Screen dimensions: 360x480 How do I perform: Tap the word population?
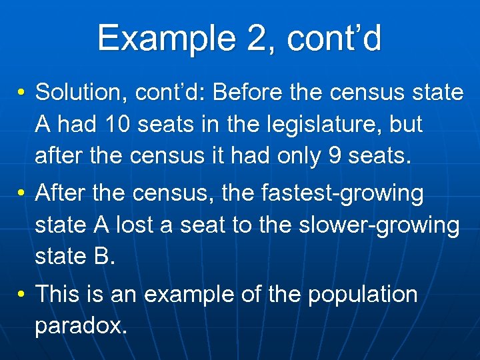click(362, 295)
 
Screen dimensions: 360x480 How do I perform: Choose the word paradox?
click(80, 326)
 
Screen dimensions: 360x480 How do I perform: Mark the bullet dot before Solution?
click(22, 93)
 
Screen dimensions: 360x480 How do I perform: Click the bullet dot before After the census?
click(22, 194)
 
